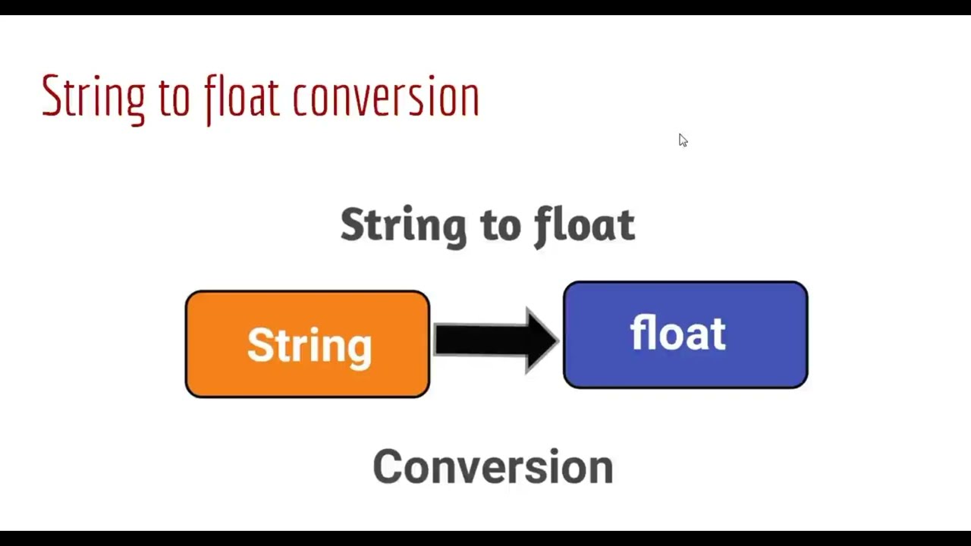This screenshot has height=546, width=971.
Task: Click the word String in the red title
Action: coord(93,97)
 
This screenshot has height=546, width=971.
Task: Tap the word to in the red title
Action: coord(174,99)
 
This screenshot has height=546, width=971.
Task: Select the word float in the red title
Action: coord(242,97)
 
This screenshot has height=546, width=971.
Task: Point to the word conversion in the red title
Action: coord(385,99)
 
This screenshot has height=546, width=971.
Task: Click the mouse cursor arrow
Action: coord(683,140)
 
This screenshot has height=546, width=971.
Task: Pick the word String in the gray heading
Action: coord(403,225)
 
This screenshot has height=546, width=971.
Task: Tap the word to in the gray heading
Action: coord(501,226)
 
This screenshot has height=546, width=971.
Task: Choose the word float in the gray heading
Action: coord(585,225)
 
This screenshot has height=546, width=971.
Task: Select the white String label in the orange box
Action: coord(310,346)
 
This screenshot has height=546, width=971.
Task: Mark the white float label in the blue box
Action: coord(678,334)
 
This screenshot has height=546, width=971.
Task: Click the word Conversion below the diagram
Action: coord(492,466)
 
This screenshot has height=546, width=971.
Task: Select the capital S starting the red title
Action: coord(50,96)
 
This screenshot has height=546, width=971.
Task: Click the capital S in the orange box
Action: coord(260,345)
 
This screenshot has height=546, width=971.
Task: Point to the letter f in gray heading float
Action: coord(543,225)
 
